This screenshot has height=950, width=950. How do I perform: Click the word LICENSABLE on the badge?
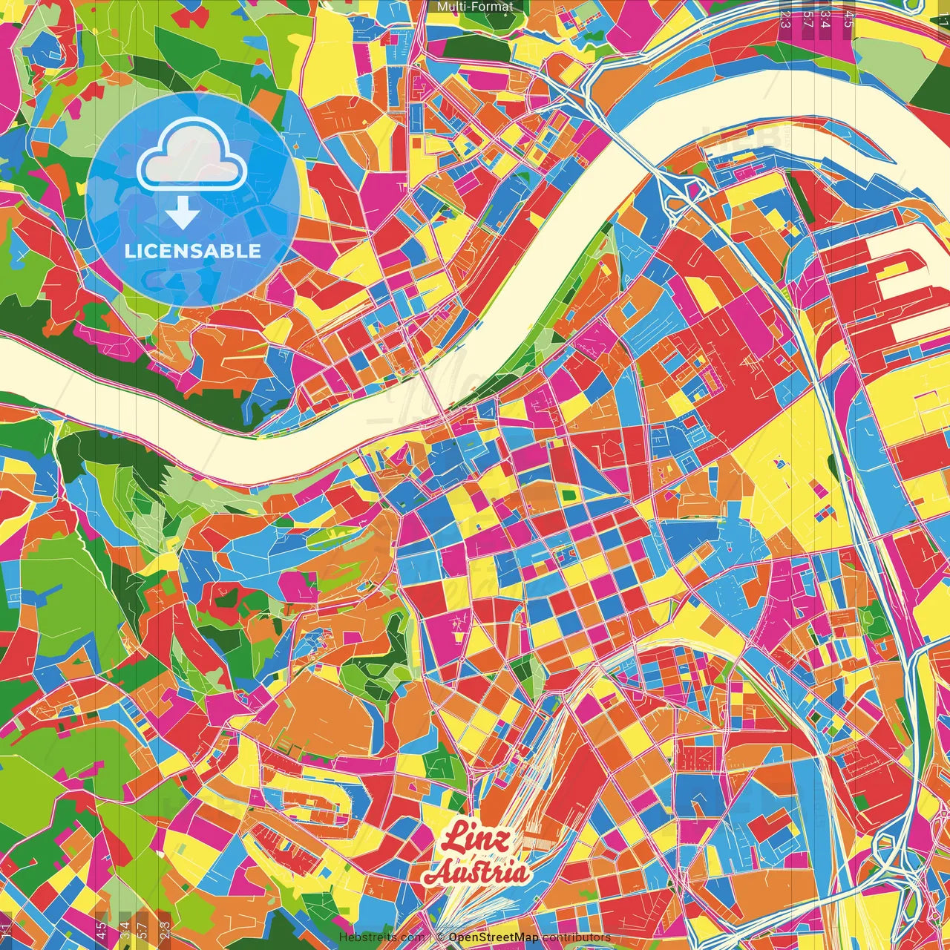pos(193,251)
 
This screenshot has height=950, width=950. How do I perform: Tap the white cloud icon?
pos(192,155)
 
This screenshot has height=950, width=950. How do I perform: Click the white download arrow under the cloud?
pos(183,214)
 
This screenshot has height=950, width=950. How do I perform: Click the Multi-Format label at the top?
pos(475,7)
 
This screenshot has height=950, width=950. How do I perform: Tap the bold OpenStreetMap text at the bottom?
pos(494,937)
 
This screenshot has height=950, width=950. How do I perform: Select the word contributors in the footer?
pos(577,937)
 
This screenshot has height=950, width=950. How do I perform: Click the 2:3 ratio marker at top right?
pos(785,16)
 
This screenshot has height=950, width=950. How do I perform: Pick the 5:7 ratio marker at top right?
pos(807,16)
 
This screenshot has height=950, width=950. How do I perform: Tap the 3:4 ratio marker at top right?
pos(825,16)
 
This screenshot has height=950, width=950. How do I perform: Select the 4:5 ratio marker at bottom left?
pos(101,931)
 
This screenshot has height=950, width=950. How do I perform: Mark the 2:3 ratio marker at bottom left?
pos(165,931)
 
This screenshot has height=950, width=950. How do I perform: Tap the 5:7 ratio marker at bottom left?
pos(142,931)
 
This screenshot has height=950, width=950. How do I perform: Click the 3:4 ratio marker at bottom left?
pos(125,931)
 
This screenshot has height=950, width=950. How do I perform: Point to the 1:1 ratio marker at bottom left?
pos(7,931)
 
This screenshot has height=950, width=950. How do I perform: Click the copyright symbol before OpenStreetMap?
pos(440,937)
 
